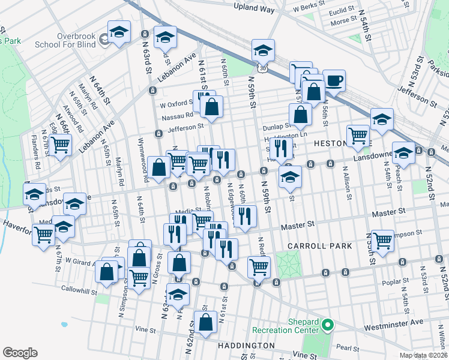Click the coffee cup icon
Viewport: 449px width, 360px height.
coord(334,80)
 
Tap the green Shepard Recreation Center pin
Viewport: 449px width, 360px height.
coord(327,325)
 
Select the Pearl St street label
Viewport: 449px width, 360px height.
coord(347,347)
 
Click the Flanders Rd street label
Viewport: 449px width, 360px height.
coord(37,155)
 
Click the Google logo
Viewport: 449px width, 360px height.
coord(20,352)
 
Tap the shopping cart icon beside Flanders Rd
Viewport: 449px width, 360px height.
coord(60,145)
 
